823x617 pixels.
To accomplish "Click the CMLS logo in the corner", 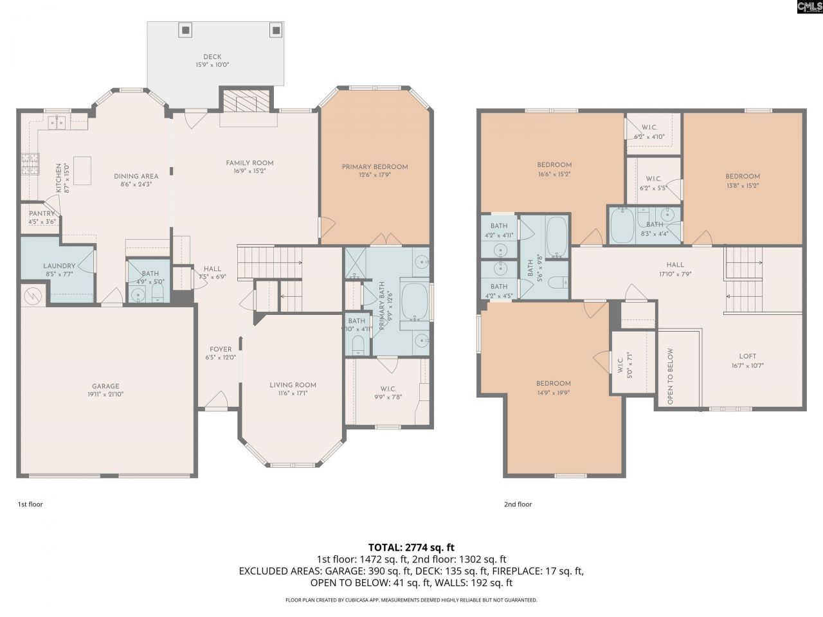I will [808, 7].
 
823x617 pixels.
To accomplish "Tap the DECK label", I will [212, 57].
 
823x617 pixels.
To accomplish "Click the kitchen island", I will [82, 170].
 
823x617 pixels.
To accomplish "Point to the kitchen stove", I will [30, 164].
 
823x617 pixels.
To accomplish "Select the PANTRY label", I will [42, 213].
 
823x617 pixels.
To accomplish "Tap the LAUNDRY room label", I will [59, 266].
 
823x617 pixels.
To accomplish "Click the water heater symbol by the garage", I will [32, 296].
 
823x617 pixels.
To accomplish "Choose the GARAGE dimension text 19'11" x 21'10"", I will [105, 395].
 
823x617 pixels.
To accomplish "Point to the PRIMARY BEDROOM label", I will [375, 167].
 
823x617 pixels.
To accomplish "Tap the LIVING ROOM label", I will [293, 385].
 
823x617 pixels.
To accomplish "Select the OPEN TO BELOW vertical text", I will [670, 376].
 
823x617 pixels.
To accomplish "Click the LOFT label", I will [748, 356].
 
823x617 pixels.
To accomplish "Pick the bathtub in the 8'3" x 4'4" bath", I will [622, 226].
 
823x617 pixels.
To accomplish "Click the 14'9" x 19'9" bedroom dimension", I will [554, 392].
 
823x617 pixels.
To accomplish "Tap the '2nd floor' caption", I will [518, 505].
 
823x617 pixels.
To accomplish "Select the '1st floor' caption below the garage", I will [30, 505].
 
